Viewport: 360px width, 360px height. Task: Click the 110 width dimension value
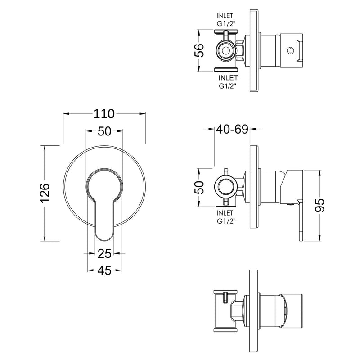(104, 114)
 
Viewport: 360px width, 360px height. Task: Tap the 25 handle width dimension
(104, 254)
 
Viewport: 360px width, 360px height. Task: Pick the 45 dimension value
(104, 270)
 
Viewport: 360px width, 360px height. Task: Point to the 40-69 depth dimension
(232, 129)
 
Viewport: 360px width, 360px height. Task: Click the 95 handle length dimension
(319, 205)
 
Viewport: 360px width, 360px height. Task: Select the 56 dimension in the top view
(199, 50)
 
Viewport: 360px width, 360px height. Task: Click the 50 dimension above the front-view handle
(104, 131)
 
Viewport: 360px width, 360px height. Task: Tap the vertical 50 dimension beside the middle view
(199, 188)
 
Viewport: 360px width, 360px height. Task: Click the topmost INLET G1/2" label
(225, 20)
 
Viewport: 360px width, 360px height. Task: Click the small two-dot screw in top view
(290, 50)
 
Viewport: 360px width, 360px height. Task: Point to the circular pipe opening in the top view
(226, 50)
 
